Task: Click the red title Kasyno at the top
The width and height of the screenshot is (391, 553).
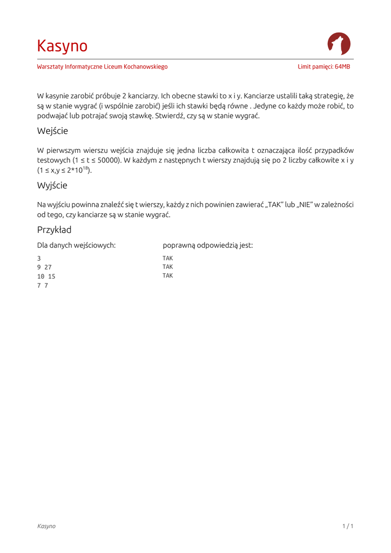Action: pyautogui.click(x=62, y=46)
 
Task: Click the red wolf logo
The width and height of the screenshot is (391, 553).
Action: pyautogui.click(x=339, y=44)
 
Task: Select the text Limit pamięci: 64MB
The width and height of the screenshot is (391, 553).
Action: pyautogui.click(x=323, y=67)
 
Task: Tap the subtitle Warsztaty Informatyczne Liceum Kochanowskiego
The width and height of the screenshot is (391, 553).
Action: pyautogui.click(x=102, y=67)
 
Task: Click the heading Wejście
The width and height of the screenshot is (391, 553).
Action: pyautogui.click(x=52, y=131)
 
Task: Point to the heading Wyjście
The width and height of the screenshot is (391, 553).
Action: pyautogui.click(x=52, y=185)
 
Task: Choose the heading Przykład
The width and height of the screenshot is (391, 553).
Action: pyautogui.click(x=54, y=230)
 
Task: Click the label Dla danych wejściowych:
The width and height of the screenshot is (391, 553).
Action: pyautogui.click(x=76, y=245)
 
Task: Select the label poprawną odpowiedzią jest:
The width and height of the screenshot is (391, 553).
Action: pyautogui.click(x=207, y=245)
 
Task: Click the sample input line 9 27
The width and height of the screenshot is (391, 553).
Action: pyautogui.click(x=44, y=267)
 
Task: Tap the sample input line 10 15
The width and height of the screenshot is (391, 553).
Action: pyautogui.click(x=46, y=276)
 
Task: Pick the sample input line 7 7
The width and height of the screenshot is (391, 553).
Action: pyautogui.click(x=43, y=286)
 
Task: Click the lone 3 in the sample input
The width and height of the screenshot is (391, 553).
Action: pyautogui.click(x=39, y=258)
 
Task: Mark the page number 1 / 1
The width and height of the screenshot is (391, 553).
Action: pyautogui.click(x=348, y=526)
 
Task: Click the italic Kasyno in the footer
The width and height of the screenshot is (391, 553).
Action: pyautogui.click(x=46, y=526)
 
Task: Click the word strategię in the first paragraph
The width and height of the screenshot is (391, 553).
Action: pyautogui.click(x=329, y=96)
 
